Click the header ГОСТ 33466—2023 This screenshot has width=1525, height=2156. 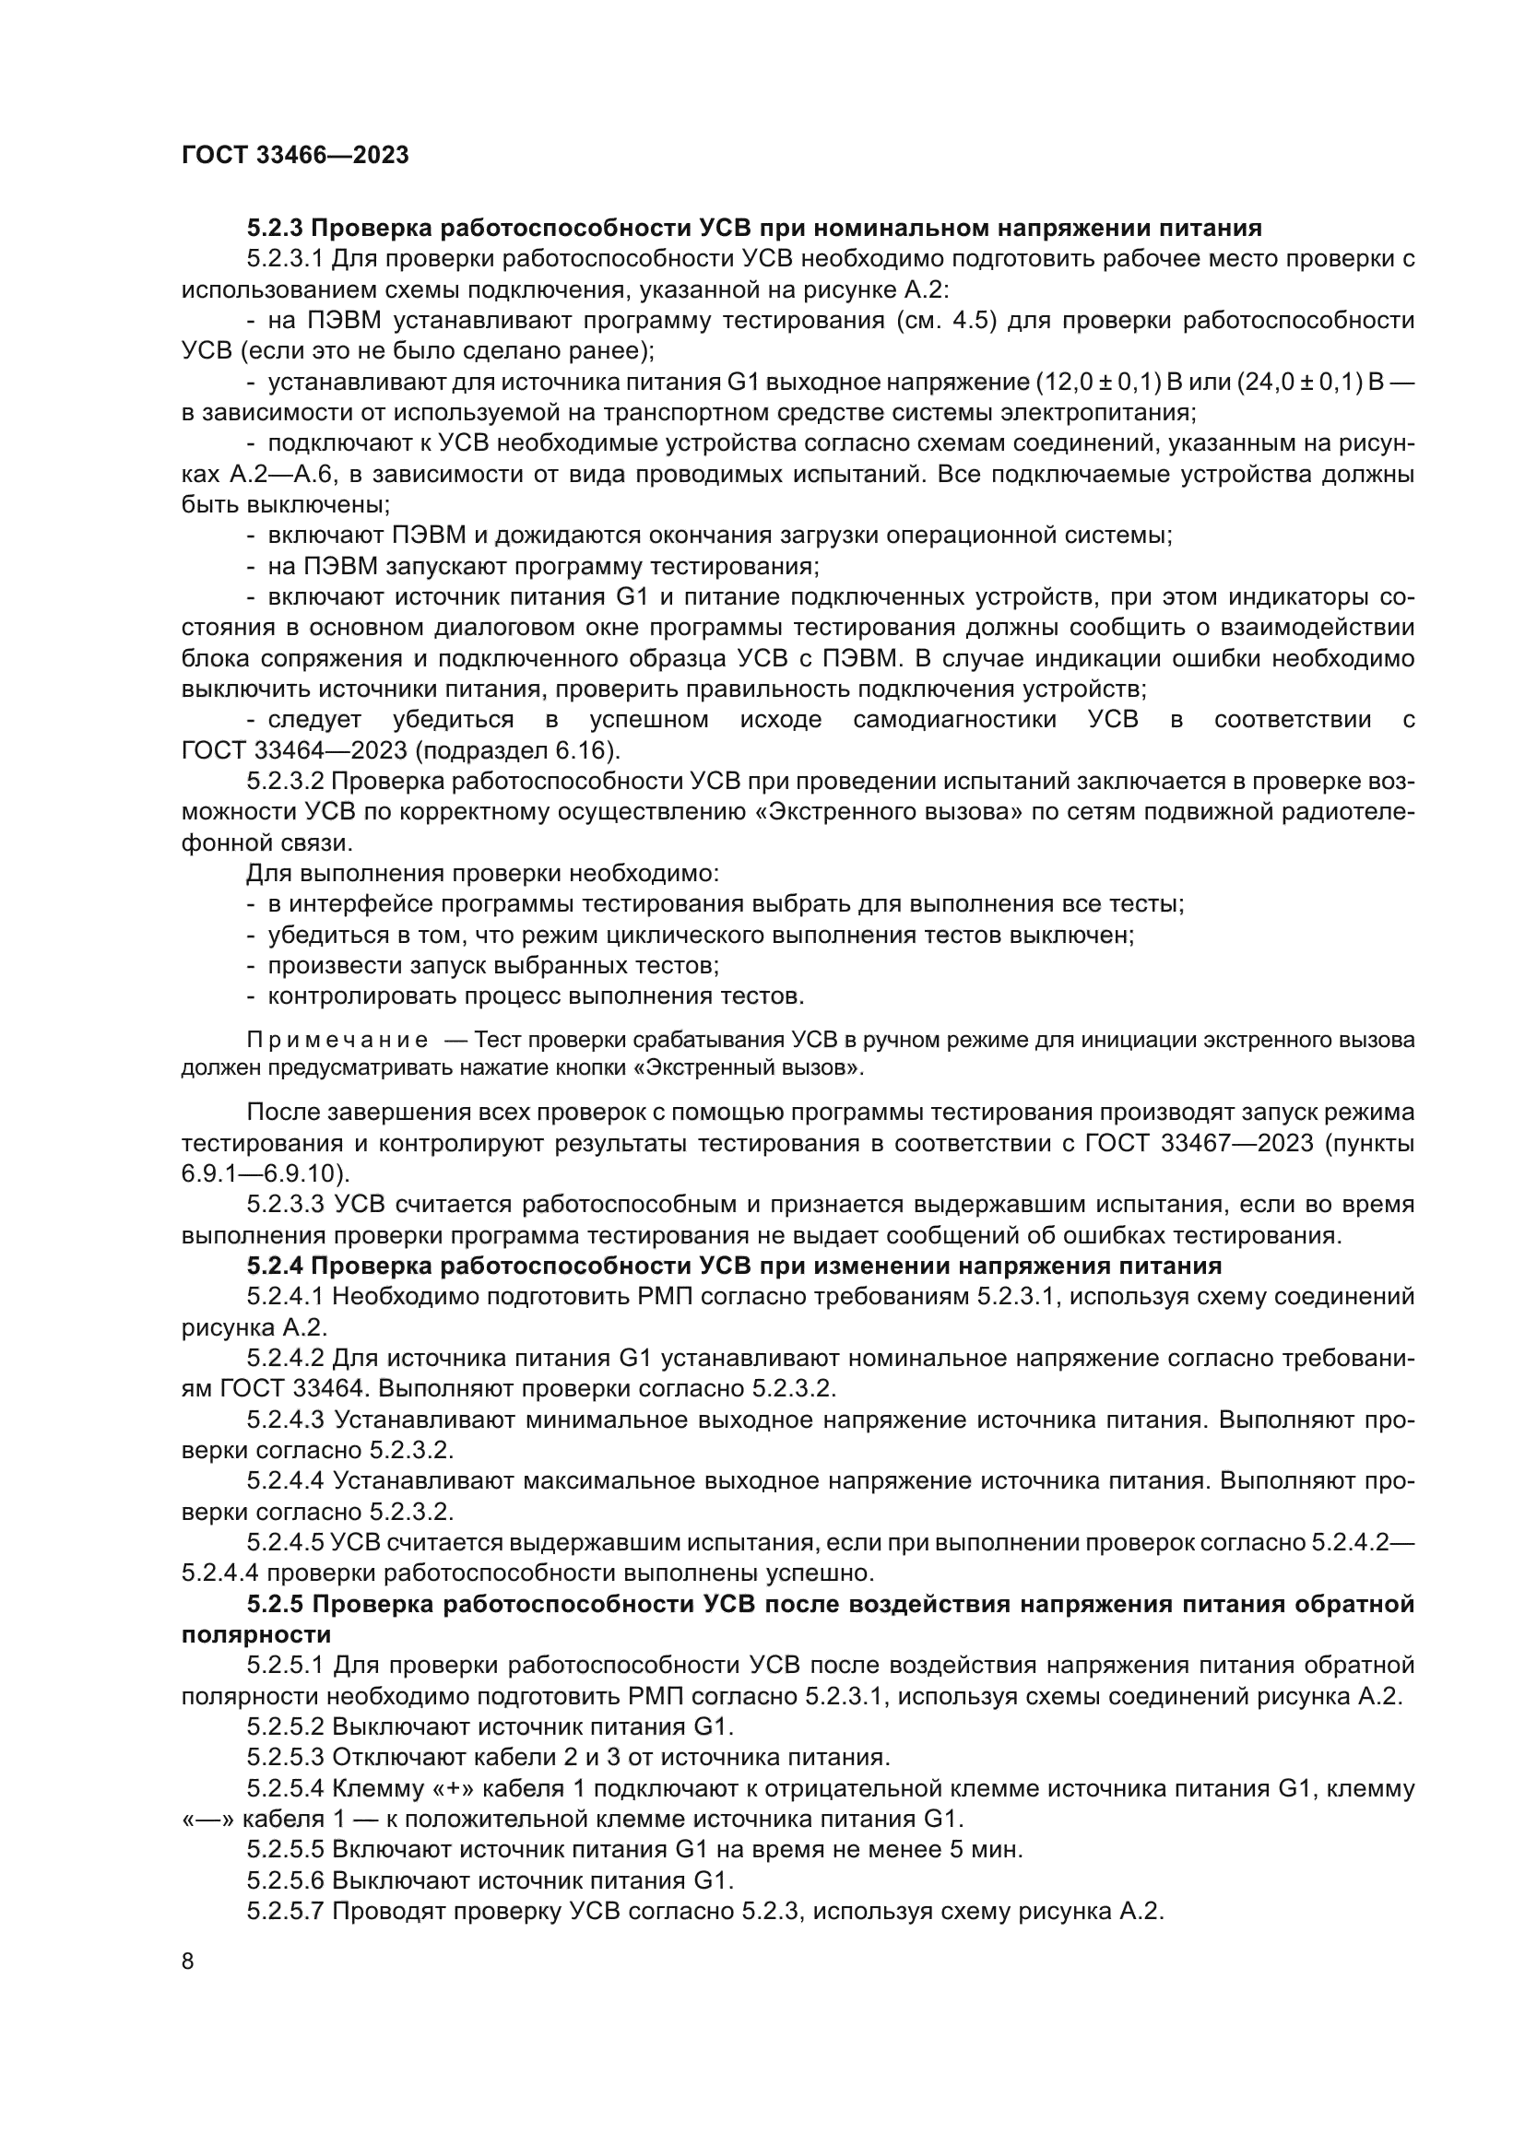point(295,155)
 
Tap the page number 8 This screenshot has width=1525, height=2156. point(188,1961)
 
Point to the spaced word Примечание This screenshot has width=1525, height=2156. point(337,1040)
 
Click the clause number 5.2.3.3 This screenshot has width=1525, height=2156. point(285,1205)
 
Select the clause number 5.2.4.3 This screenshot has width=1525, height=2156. point(285,1420)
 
